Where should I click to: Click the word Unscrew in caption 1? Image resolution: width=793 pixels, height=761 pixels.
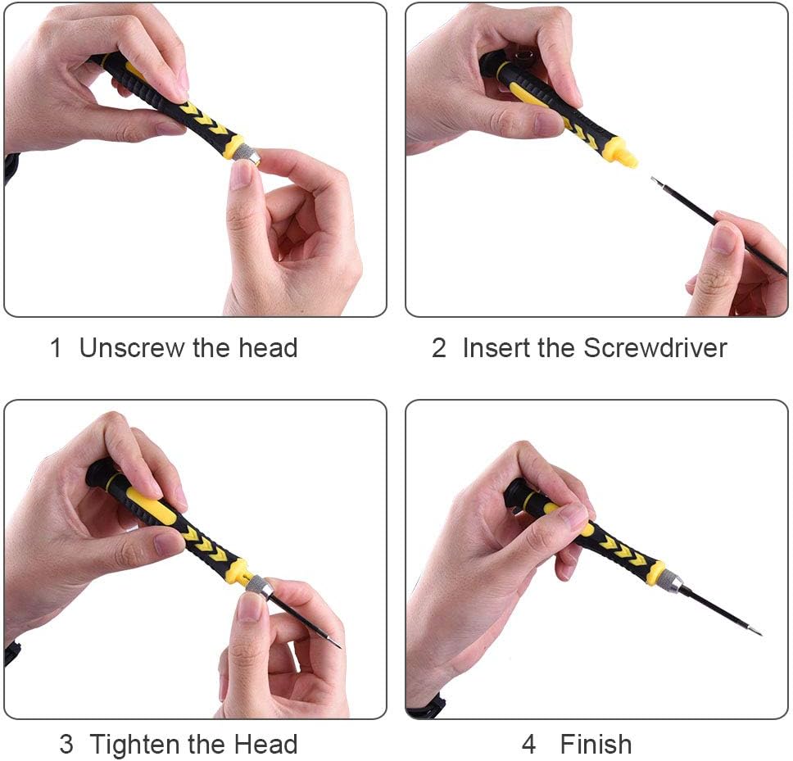(132, 348)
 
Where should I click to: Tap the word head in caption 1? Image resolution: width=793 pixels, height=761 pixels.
(268, 348)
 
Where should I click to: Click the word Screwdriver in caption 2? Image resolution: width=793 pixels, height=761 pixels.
(655, 348)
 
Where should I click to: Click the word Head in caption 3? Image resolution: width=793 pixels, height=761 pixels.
(266, 745)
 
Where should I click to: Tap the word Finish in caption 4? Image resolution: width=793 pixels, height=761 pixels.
(596, 745)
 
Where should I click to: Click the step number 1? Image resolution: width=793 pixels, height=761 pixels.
(56, 348)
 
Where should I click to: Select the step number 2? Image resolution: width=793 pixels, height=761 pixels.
(438, 348)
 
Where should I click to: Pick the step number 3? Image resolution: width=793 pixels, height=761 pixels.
(66, 745)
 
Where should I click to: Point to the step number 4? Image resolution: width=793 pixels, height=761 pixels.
(528, 745)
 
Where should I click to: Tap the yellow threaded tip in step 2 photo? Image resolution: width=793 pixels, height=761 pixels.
(624, 154)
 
